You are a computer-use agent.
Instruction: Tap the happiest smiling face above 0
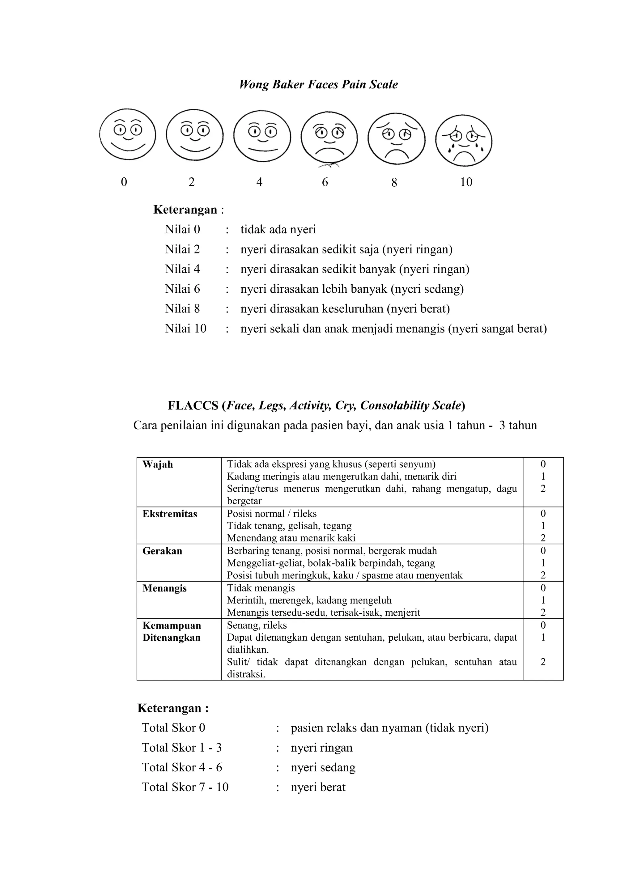[127, 134]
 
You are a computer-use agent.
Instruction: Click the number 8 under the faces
[394, 182]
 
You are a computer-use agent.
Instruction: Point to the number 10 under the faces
[466, 182]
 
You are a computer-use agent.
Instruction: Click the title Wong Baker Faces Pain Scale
[318, 85]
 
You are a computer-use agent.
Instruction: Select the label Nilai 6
[182, 289]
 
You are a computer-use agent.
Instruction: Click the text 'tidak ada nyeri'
[278, 229]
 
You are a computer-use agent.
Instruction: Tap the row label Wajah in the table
[157, 464]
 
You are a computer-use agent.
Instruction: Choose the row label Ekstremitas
[170, 514]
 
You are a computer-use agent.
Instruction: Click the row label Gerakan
[162, 551]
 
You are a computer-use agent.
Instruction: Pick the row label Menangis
[164, 588]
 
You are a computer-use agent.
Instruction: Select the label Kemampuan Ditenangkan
[172, 631]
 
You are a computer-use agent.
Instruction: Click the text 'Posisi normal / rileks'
[272, 514]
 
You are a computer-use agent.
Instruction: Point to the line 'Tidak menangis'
[261, 588]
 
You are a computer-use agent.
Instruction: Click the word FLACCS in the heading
[193, 406]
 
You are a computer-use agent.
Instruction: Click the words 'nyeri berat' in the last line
[318, 787]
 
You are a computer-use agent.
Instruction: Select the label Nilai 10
[185, 329]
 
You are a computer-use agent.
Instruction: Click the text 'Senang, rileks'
[257, 625]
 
